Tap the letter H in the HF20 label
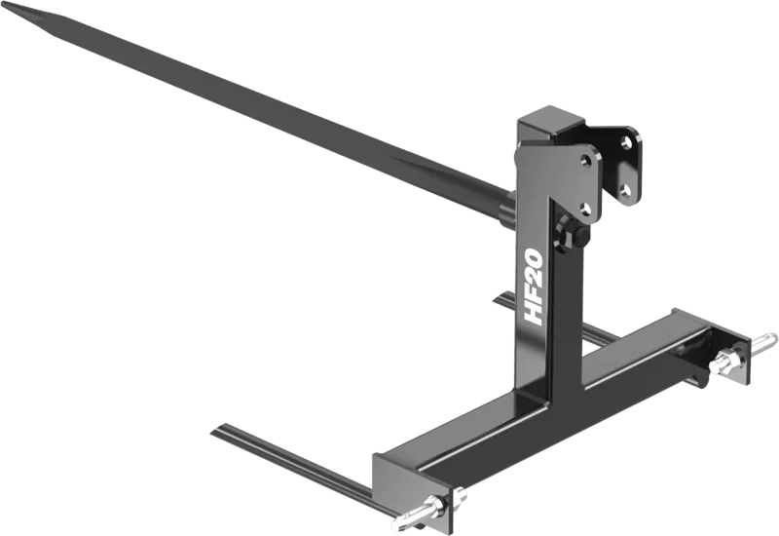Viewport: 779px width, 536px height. (534, 311)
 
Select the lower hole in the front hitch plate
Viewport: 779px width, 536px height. (586, 206)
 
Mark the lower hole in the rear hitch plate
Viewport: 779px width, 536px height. (627, 189)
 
